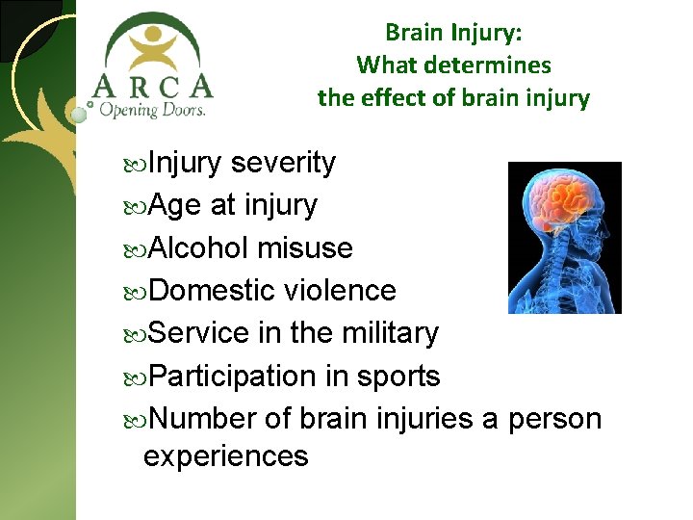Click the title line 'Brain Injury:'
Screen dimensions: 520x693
pyautogui.click(x=453, y=32)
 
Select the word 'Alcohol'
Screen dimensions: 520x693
pyautogui.click(x=199, y=248)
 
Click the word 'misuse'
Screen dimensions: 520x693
pyautogui.click(x=305, y=248)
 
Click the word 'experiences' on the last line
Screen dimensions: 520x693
pyautogui.click(x=225, y=455)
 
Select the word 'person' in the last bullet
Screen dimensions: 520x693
pyautogui.click(x=553, y=420)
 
